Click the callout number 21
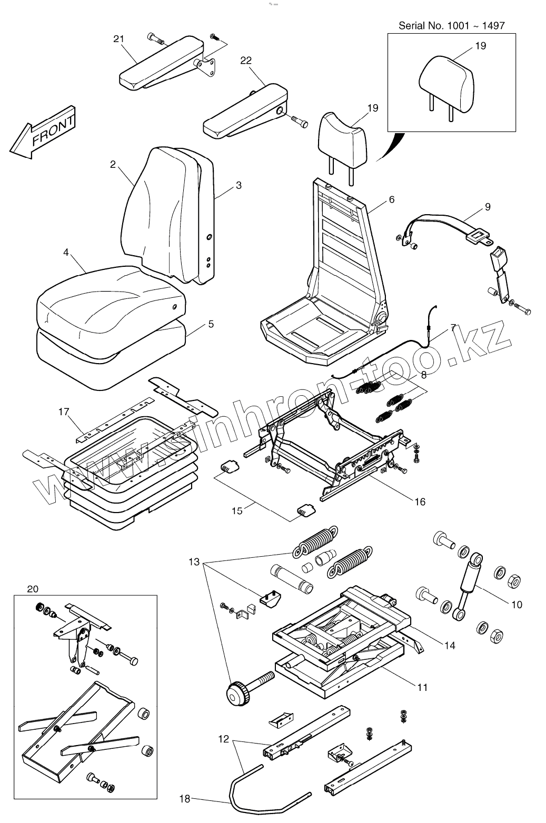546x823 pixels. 118,39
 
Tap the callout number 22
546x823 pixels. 246,61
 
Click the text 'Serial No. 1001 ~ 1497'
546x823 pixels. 451,25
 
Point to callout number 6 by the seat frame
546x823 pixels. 391,199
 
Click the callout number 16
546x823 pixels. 420,501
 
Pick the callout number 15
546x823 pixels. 238,510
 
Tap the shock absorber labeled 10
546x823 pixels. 469,579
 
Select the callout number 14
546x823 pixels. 449,645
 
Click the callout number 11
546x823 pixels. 422,687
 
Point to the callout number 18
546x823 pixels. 184,799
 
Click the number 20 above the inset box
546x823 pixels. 33,588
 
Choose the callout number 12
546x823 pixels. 223,739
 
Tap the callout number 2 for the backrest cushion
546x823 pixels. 113,164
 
